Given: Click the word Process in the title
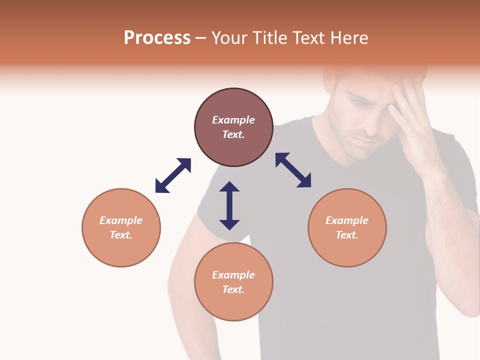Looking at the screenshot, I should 157,38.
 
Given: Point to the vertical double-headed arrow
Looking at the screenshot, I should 229,205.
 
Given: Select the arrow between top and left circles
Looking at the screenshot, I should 173,175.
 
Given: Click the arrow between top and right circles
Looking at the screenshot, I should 293,170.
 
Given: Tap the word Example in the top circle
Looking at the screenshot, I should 233,120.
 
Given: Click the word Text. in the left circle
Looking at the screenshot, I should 121,235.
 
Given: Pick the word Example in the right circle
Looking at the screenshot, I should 347,220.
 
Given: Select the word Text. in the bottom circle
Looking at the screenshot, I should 233,289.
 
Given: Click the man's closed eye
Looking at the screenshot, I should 359,103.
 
